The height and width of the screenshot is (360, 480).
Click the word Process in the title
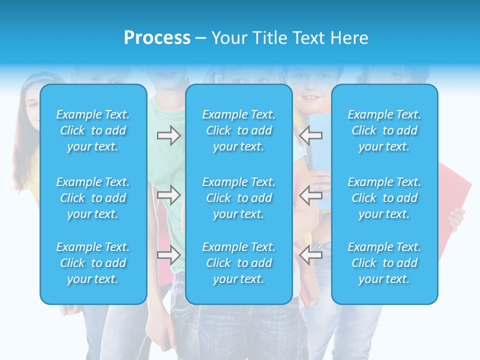click(157, 38)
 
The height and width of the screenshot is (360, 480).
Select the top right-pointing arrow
click(168, 135)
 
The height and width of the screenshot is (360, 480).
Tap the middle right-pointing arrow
click(168, 195)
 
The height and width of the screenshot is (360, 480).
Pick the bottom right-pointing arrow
click(168, 255)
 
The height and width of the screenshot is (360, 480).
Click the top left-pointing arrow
click(310, 135)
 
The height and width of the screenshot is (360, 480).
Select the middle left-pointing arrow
click(310, 195)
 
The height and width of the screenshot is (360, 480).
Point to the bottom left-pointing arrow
click(310, 255)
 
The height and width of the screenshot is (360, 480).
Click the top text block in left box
click(93, 130)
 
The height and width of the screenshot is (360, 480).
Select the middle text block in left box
click(93, 198)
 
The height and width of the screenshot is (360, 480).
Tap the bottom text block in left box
click(93, 263)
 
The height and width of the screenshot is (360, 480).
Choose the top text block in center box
click(239, 130)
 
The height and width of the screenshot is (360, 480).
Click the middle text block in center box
click(239, 198)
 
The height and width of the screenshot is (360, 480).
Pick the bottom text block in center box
click(239, 263)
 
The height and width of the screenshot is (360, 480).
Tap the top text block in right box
click(384, 130)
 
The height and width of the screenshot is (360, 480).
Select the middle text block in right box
click(384, 198)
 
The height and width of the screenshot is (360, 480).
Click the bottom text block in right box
click(384, 263)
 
